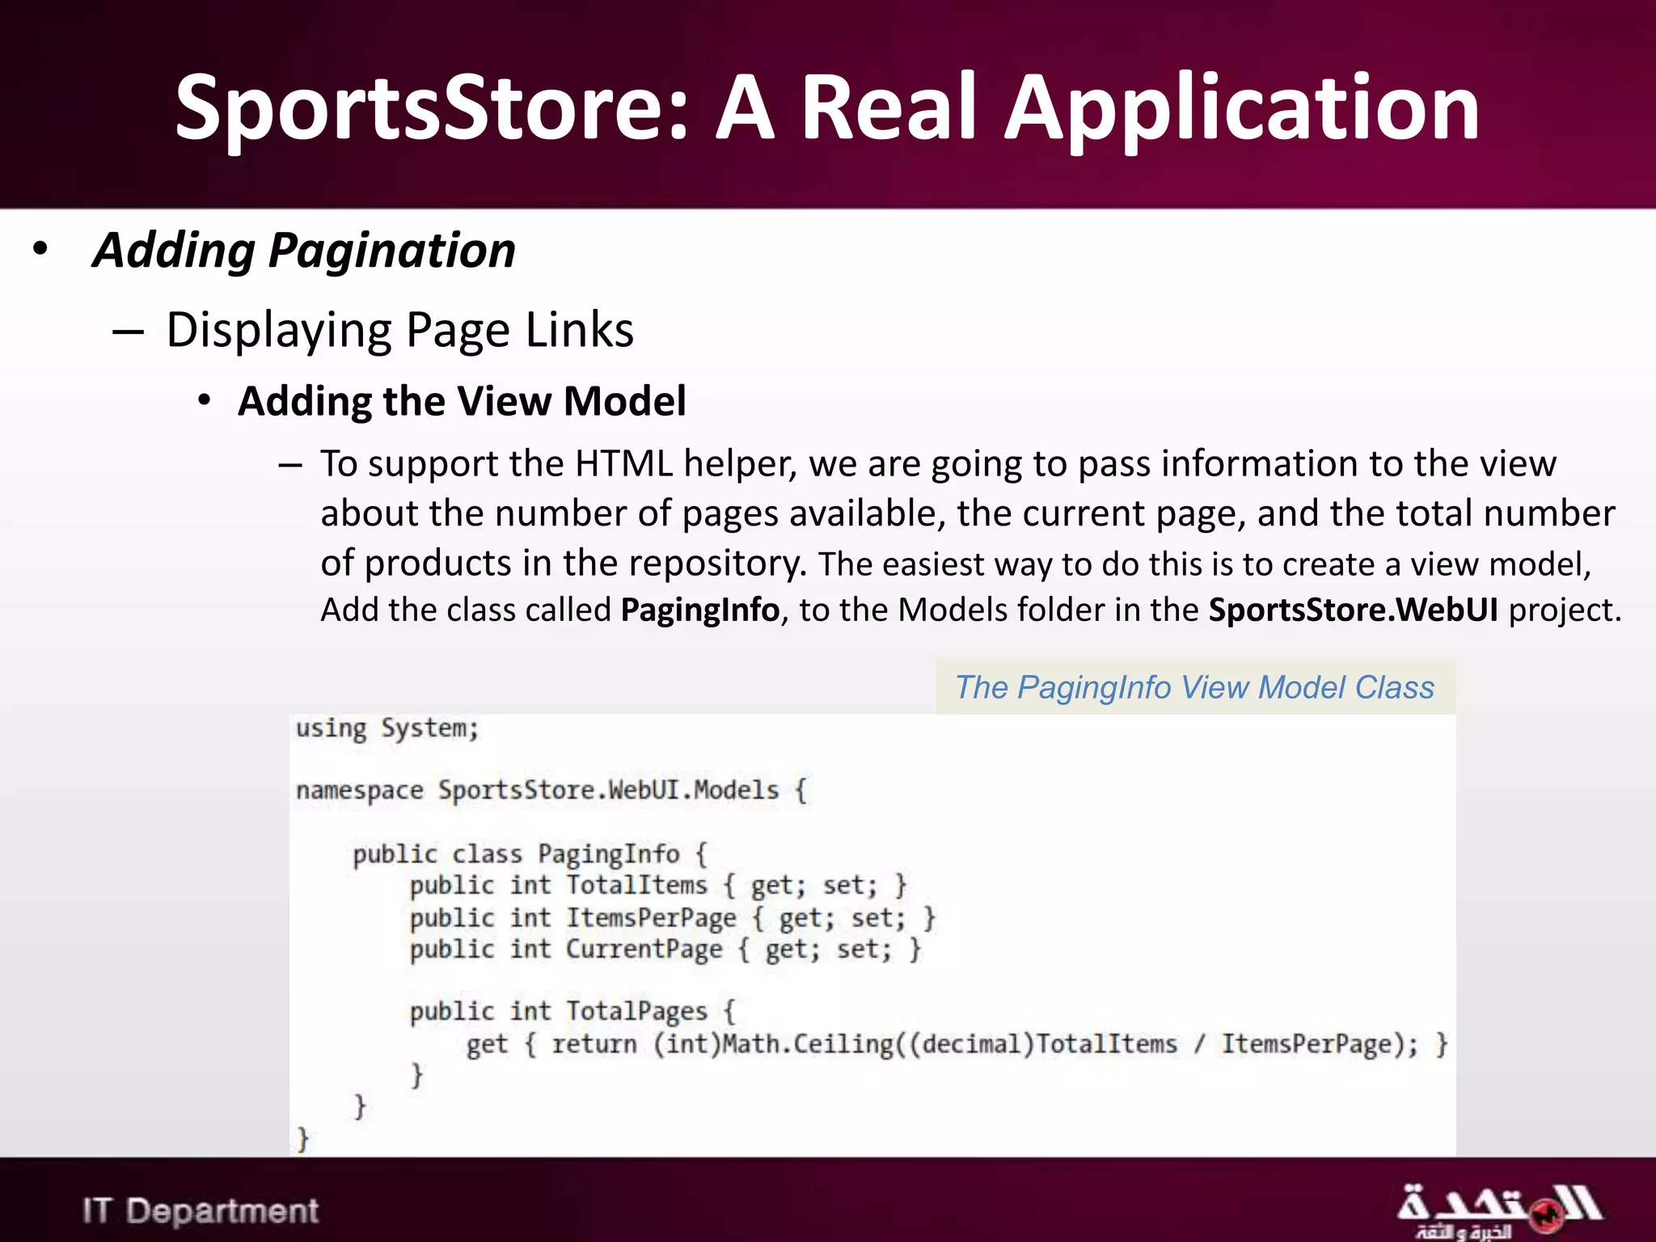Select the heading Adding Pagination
(x=304, y=250)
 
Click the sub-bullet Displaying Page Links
(x=399, y=330)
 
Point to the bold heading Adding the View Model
(x=462, y=401)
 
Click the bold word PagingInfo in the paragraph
(x=699, y=610)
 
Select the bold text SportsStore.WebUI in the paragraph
(x=1353, y=610)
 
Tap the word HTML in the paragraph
(x=623, y=464)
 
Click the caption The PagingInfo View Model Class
(x=1194, y=687)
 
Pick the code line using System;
(x=387, y=729)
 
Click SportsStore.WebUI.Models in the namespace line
(x=608, y=790)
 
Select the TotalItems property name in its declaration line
(x=636, y=885)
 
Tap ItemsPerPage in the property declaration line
(x=651, y=918)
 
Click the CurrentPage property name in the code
(x=644, y=949)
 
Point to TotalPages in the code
(x=636, y=1012)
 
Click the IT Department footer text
(x=201, y=1210)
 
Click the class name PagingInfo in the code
(x=608, y=854)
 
